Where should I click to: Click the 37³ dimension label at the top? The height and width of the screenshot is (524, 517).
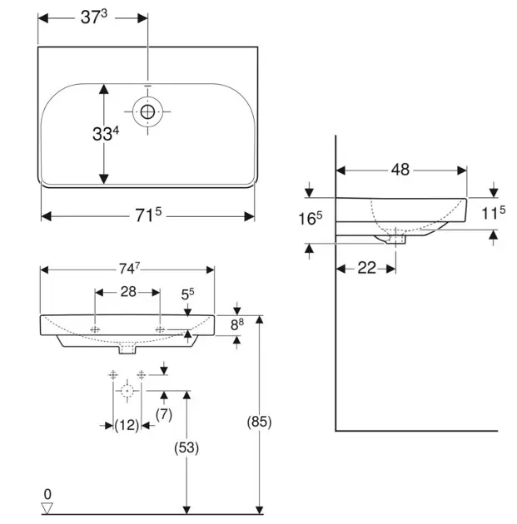click(94, 17)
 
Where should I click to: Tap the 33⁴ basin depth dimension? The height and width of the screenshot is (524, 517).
click(106, 133)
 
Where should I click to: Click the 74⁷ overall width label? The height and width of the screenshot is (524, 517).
click(127, 269)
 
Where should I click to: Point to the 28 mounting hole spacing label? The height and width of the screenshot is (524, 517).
click(127, 292)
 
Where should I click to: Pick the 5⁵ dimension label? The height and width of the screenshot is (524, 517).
click(188, 294)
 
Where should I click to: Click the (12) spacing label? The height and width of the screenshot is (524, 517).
click(127, 425)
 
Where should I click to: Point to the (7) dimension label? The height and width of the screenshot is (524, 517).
click(163, 413)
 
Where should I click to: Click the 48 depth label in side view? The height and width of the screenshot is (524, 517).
click(400, 170)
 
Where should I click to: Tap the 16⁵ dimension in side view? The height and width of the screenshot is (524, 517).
click(311, 220)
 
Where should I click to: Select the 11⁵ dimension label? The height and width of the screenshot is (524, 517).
click(494, 213)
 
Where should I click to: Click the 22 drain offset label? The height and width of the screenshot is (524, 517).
click(366, 267)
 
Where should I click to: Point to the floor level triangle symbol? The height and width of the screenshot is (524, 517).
click(47, 507)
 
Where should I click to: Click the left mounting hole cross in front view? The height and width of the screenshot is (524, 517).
click(95, 330)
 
